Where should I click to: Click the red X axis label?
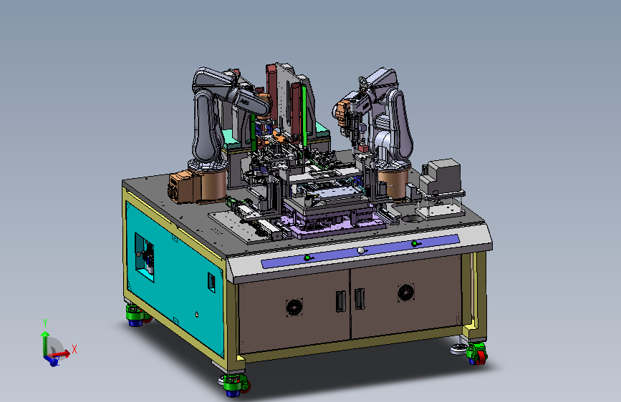74,349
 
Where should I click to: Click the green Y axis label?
45,323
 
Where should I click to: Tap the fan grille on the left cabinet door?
294,307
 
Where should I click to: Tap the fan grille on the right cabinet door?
406,293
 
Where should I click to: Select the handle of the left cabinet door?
340,301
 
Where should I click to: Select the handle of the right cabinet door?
360,299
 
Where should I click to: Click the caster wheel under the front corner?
234,384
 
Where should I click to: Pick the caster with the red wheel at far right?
476,353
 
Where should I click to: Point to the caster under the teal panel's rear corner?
137,315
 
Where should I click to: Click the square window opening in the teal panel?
144,257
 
